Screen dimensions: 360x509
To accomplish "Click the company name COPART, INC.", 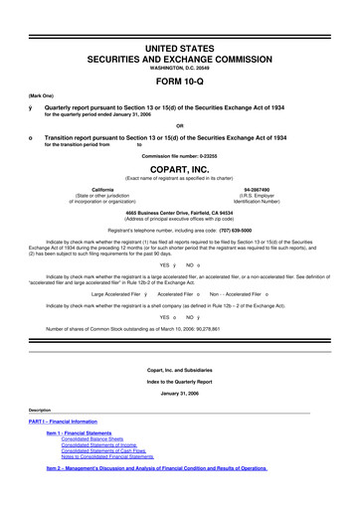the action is pyautogui.click(x=180, y=170).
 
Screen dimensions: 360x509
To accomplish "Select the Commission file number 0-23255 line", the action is pyautogui.click(x=180, y=156).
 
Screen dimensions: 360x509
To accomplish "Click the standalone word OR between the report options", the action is pyautogui.click(x=180, y=123).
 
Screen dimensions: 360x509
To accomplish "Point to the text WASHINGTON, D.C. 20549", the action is pyautogui.click(x=180, y=39).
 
